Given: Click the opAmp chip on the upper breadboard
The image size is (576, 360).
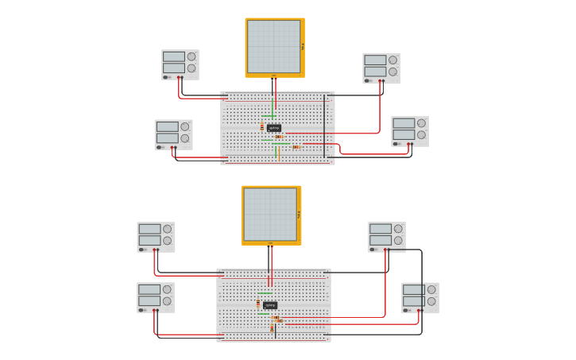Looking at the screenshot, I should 274,127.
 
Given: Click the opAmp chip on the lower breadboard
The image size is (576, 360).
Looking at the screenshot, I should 270,304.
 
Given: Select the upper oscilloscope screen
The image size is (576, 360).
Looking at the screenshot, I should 274,46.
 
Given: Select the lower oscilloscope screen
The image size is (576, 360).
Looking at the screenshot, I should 271,214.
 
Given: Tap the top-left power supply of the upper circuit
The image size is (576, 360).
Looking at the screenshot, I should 180,64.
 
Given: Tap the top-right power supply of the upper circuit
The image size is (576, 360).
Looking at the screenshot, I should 381,68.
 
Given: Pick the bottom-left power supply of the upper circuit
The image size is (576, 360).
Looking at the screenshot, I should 173,134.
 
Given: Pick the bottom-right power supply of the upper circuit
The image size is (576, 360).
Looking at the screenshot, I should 410,131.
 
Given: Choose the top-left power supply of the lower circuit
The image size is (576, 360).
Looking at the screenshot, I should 156,236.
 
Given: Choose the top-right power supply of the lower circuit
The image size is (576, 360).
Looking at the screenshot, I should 387,236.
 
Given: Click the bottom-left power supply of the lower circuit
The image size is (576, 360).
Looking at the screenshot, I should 156,297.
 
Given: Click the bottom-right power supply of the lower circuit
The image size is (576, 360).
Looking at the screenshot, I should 420,297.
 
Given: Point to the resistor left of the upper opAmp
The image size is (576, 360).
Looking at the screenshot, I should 262,126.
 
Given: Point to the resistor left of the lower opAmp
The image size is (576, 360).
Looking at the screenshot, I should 258,303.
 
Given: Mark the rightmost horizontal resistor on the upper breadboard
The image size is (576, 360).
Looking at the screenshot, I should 296,147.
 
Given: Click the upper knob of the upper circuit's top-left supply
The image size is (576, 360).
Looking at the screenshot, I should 191,56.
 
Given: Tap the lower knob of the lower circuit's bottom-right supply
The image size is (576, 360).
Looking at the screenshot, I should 431,302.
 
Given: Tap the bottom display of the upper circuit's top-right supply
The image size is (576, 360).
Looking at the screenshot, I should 375,72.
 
